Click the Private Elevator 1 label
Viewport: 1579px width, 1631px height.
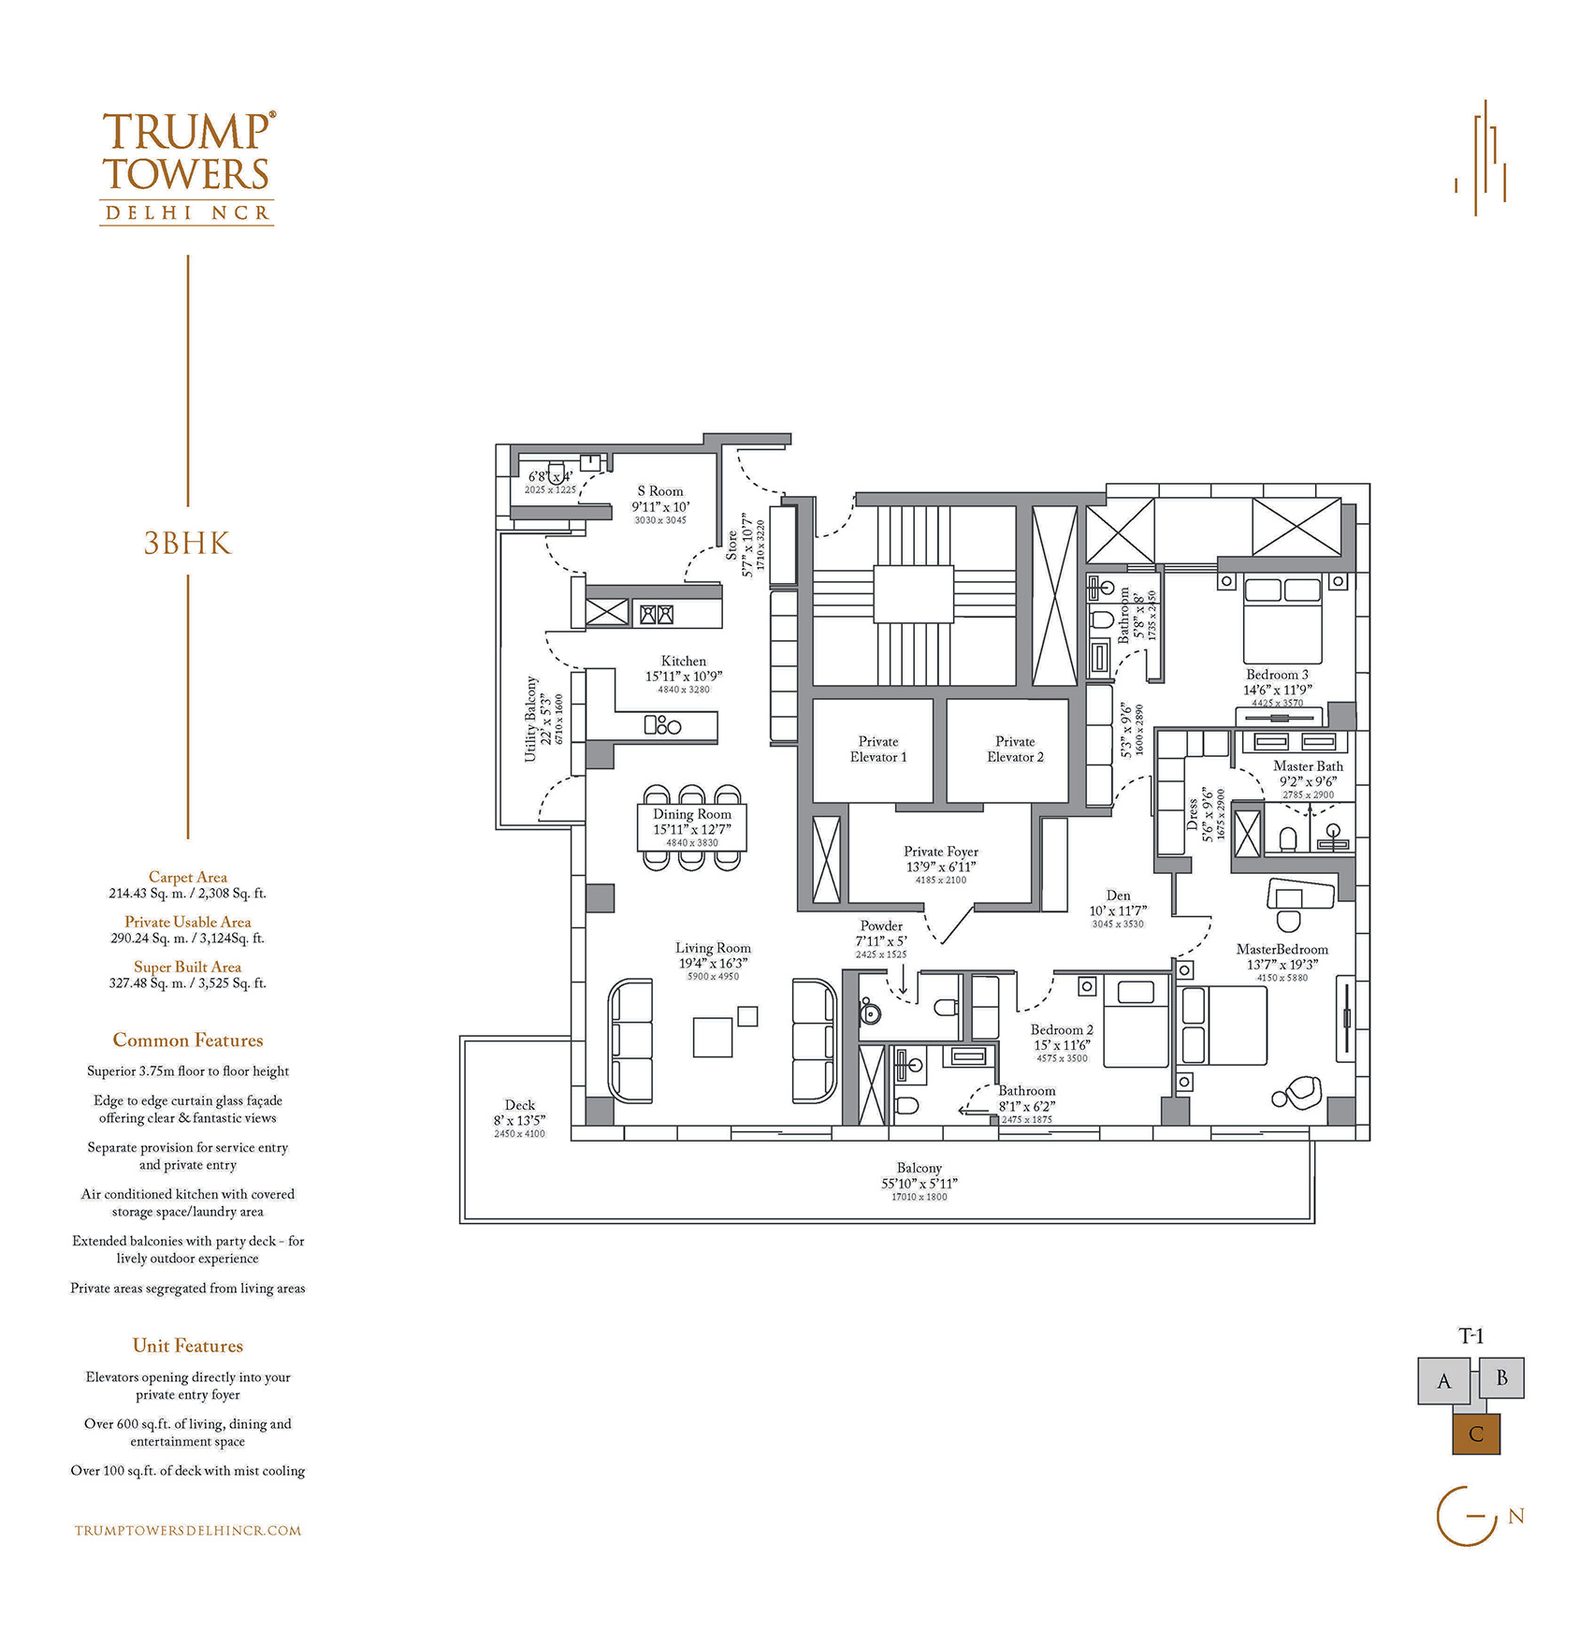(x=877, y=750)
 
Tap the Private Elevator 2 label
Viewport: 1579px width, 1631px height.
(x=1015, y=750)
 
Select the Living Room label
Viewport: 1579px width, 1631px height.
(x=713, y=948)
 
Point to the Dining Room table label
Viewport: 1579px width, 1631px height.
(x=692, y=814)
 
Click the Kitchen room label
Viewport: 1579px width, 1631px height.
(x=684, y=661)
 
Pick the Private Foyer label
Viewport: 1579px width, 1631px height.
(x=941, y=852)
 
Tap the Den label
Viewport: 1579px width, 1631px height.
(x=1118, y=896)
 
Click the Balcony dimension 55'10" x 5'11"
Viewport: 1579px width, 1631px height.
(x=920, y=1184)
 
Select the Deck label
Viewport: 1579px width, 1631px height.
(x=520, y=1105)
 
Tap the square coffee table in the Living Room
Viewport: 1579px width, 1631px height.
(x=713, y=1037)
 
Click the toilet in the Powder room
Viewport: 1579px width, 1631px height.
(x=946, y=1007)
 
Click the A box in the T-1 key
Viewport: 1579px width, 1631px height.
(x=1444, y=1382)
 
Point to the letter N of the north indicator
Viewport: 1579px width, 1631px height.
(x=1516, y=1516)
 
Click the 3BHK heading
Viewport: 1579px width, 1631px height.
(x=187, y=544)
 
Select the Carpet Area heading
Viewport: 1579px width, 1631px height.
(x=188, y=877)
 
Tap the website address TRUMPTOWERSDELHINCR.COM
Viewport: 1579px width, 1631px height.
(x=188, y=1531)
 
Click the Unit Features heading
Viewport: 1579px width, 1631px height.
(x=188, y=1346)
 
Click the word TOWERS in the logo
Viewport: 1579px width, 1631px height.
(x=186, y=175)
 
